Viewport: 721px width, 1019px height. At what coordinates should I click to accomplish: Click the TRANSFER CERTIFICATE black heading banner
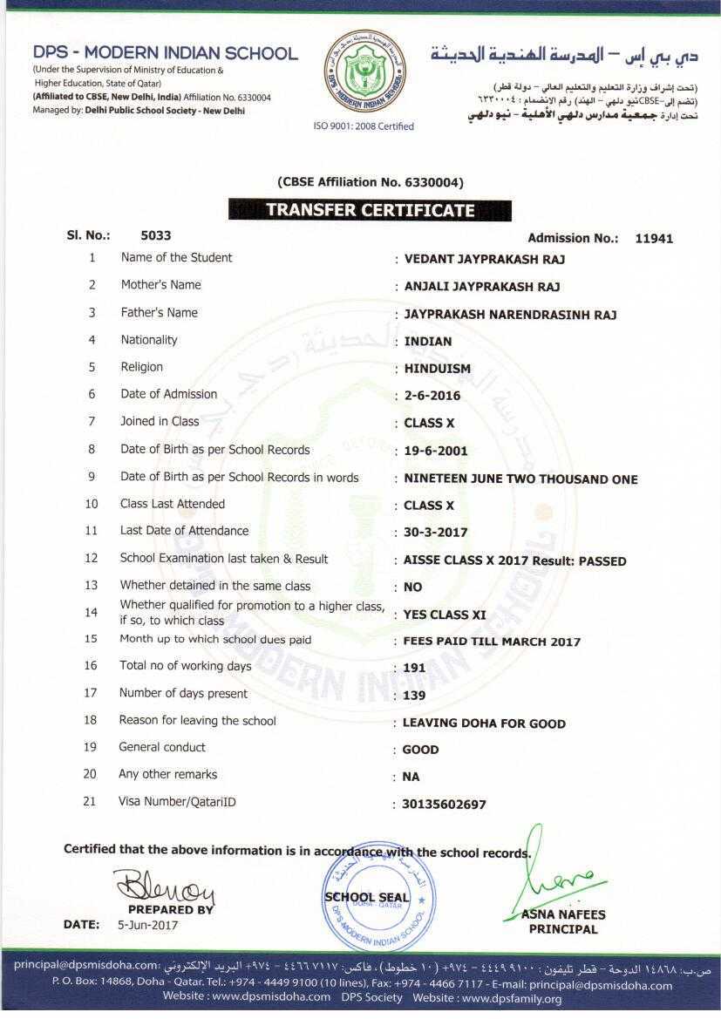coord(370,210)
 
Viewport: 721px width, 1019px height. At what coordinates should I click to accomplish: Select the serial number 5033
coord(156,235)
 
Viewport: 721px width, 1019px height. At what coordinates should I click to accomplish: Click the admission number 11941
coord(654,238)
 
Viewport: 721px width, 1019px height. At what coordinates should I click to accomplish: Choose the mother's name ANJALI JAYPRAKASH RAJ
coord(482,287)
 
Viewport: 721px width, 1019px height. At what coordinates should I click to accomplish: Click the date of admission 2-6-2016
coord(432,396)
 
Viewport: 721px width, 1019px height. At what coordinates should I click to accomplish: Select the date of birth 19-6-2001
coord(436,451)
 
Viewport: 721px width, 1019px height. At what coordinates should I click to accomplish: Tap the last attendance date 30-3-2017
coord(436,533)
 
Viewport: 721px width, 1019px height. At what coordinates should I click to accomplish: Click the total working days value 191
coord(415,669)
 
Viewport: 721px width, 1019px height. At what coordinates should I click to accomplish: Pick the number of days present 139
coord(414,696)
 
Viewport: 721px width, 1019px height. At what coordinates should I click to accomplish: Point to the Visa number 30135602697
coord(444,805)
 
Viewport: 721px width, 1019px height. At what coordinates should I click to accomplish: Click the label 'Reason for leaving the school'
coord(198,721)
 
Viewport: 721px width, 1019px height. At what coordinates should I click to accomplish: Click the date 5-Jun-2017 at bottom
coord(147,925)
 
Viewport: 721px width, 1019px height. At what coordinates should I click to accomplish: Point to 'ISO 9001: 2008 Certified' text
coord(364,126)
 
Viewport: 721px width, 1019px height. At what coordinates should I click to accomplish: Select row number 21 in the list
coord(90,802)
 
